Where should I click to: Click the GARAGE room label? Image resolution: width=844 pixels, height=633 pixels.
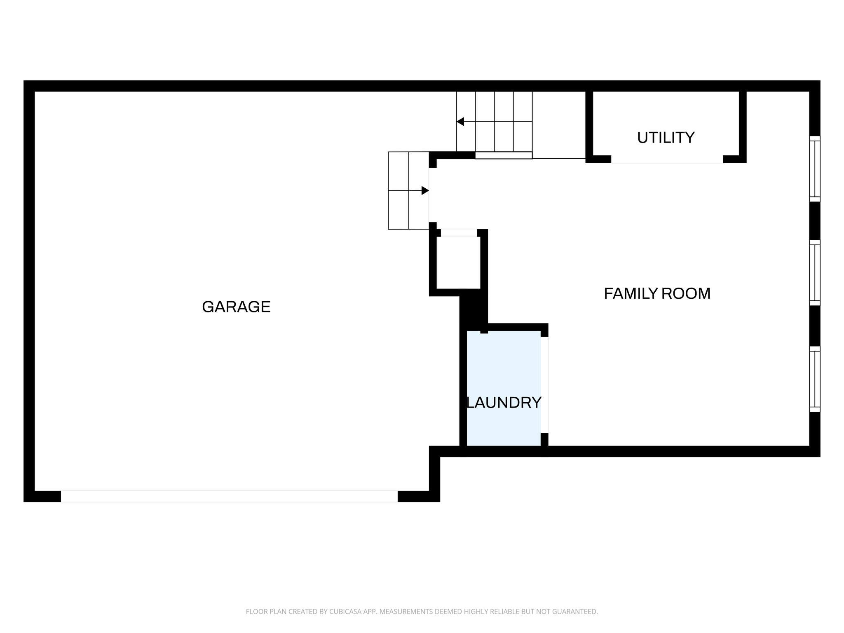pyautogui.click(x=236, y=307)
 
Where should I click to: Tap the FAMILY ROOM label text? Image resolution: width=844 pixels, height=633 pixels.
pyautogui.click(x=657, y=293)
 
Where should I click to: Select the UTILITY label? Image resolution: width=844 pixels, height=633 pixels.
pyautogui.click(x=666, y=137)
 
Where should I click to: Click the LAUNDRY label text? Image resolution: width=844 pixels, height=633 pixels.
pyautogui.click(x=504, y=402)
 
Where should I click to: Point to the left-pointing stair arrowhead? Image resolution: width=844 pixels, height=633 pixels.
pyautogui.click(x=460, y=122)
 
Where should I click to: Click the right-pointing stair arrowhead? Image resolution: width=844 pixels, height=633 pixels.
pyautogui.click(x=425, y=190)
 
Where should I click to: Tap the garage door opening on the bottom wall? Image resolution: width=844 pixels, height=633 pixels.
pyautogui.click(x=229, y=496)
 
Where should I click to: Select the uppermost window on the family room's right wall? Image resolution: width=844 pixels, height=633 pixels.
pyautogui.click(x=815, y=169)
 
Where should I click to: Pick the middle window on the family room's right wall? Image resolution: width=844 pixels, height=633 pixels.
pyautogui.click(x=815, y=272)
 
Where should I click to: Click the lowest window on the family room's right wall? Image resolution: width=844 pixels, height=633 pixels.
pyautogui.click(x=815, y=379)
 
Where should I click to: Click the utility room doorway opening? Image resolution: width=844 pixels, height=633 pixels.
pyautogui.click(x=667, y=159)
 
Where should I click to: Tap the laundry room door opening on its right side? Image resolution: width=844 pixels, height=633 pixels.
pyautogui.click(x=544, y=384)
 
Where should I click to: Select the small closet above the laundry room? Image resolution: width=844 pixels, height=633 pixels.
pyautogui.click(x=458, y=263)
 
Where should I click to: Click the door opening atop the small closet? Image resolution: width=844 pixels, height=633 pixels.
pyautogui.click(x=459, y=233)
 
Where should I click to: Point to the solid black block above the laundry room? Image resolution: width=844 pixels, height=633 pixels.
pyautogui.click(x=473, y=309)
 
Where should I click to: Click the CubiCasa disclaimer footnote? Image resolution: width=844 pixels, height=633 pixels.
pyautogui.click(x=422, y=612)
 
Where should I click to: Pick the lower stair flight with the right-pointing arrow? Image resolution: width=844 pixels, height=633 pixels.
pyautogui.click(x=408, y=190)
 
